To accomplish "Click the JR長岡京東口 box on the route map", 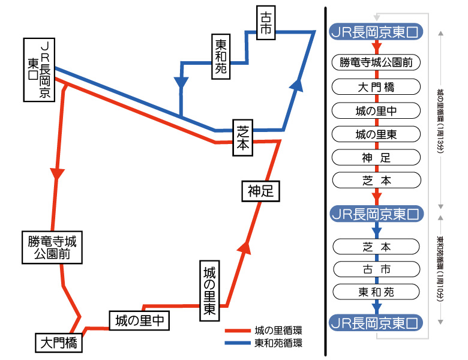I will pos(38,70).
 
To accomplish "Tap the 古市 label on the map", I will pos(266,23).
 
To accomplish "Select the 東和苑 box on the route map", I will pos(221,56).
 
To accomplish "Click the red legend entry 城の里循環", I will pos(264,330).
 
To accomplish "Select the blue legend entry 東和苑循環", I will pos(264,344).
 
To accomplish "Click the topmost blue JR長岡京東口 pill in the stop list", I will pos(377,32).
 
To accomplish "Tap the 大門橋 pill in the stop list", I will pos(377,86).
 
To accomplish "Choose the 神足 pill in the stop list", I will pos(377,158).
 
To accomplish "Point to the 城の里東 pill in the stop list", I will pos(377,134).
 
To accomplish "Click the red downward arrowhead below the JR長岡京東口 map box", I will pos(57,173).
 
